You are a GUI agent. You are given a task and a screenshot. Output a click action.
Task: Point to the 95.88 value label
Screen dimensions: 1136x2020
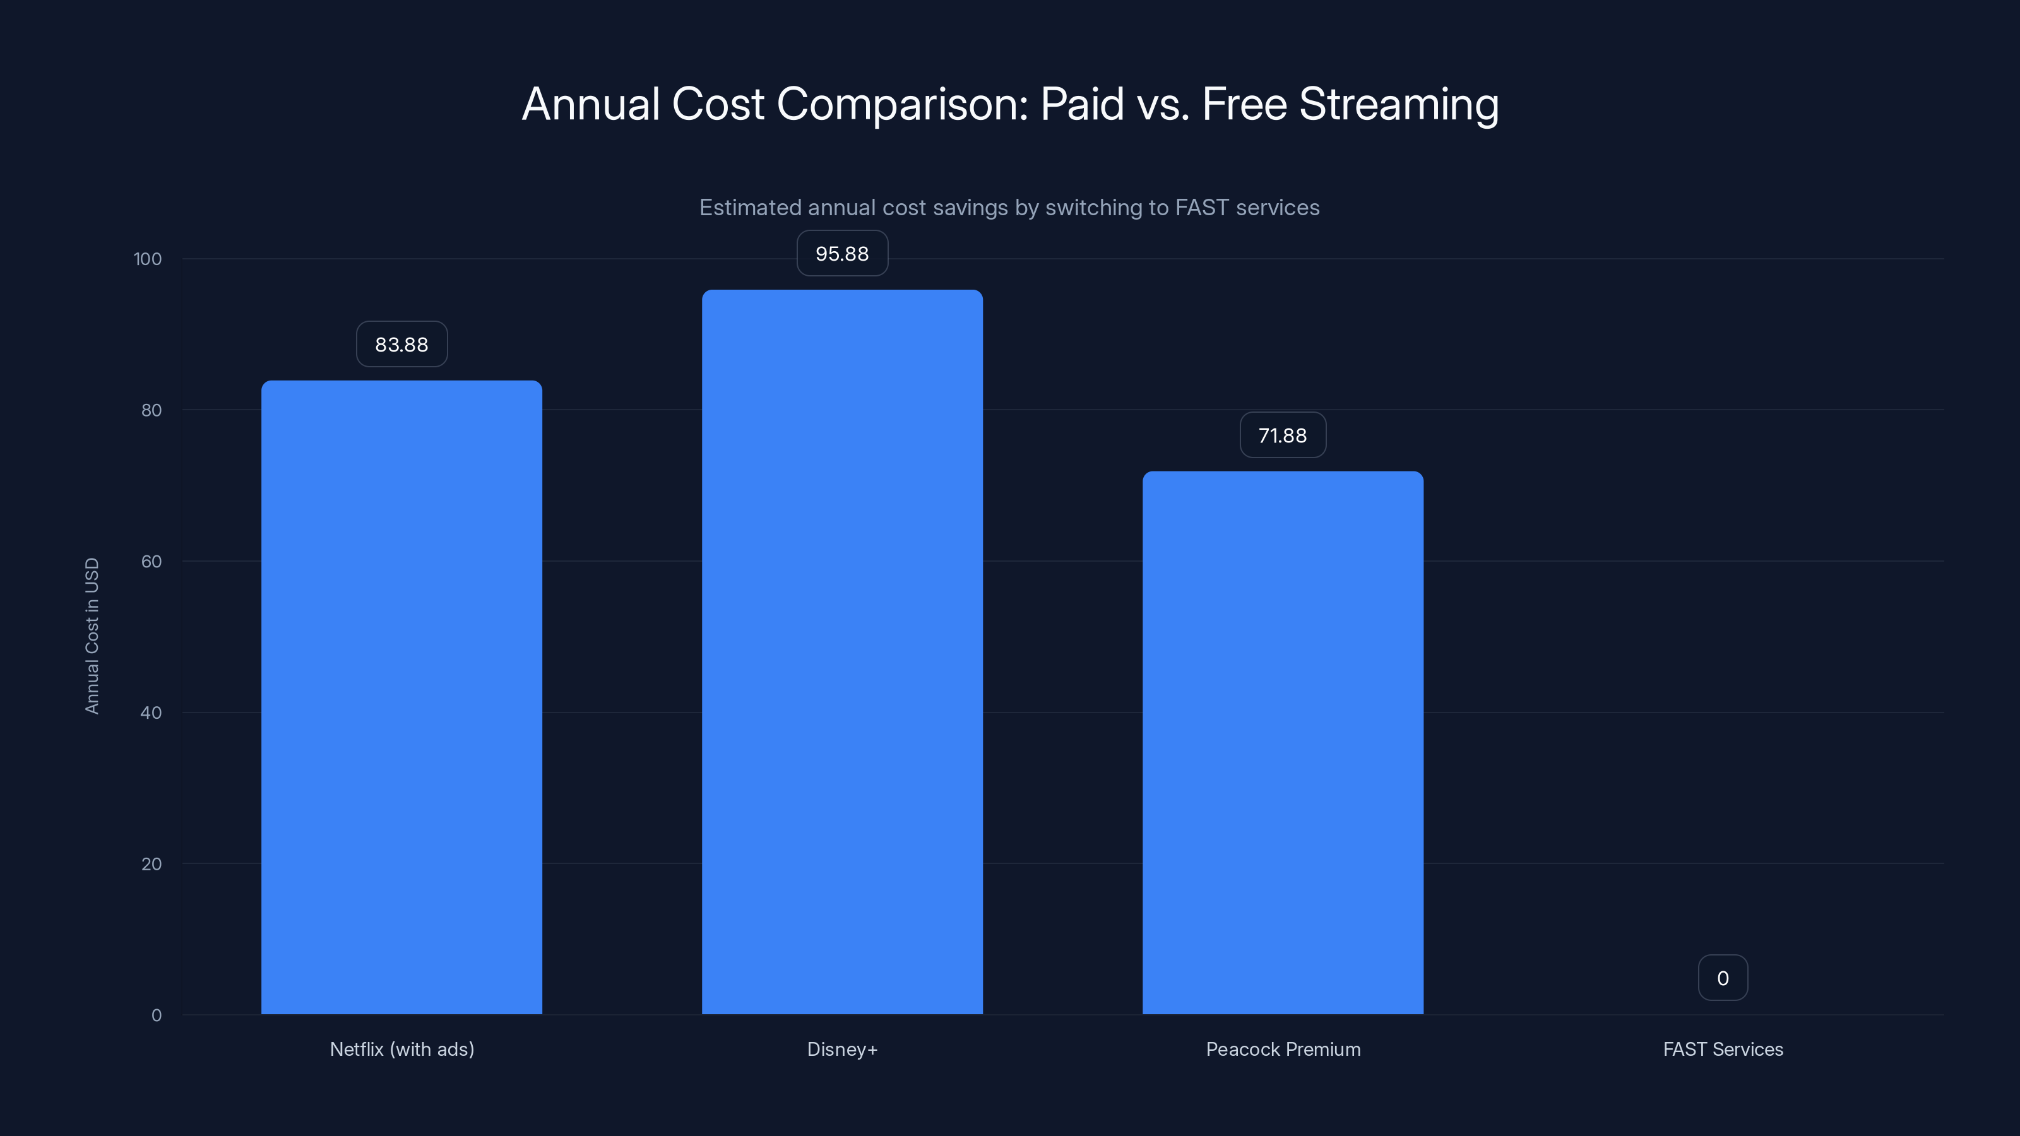842,253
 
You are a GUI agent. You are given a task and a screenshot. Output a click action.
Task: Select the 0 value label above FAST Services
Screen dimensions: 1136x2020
1723,978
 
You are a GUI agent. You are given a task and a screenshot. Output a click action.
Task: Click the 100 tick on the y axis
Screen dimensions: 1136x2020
148,259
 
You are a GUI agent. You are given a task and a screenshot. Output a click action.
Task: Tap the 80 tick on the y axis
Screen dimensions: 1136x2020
151,410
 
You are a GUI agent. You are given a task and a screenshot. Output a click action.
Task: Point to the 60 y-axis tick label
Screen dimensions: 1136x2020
151,561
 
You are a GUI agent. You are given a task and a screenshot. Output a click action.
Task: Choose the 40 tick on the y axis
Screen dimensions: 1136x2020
151,713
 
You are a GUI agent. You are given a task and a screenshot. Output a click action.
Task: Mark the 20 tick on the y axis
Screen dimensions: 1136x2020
151,864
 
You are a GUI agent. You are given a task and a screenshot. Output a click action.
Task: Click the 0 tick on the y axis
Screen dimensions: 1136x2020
156,1015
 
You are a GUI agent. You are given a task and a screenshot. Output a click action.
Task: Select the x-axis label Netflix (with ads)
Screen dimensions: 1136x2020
401,1049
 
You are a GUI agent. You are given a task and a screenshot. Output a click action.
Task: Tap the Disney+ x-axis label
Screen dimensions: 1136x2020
842,1049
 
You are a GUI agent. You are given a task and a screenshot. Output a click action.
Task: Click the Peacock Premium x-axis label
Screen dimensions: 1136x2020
1283,1049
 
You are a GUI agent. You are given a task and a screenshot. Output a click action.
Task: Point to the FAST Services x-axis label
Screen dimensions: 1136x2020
1723,1049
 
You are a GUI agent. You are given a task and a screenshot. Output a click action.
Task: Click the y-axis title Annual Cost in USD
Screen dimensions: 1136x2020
92,636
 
